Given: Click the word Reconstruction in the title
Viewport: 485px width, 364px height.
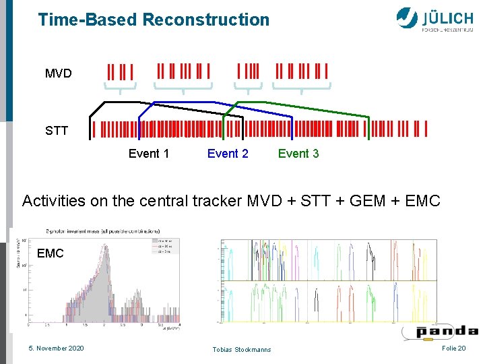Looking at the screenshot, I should click(x=206, y=20).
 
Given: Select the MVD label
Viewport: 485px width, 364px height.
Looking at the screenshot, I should click(x=59, y=73).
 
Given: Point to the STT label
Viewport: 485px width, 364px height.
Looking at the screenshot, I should click(x=57, y=131).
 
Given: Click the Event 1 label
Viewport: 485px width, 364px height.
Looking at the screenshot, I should click(x=149, y=154).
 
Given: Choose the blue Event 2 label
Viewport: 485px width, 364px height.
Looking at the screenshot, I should click(x=228, y=154).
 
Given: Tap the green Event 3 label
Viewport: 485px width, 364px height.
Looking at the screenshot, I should click(x=298, y=154).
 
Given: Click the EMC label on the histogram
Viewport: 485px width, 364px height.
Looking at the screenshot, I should click(x=51, y=253).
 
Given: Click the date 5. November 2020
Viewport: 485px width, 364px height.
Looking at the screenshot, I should click(x=56, y=348).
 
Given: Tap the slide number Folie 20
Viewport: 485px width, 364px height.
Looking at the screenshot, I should click(x=453, y=348).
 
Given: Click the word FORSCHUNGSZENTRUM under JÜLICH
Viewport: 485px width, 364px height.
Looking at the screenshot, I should click(x=447, y=30).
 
